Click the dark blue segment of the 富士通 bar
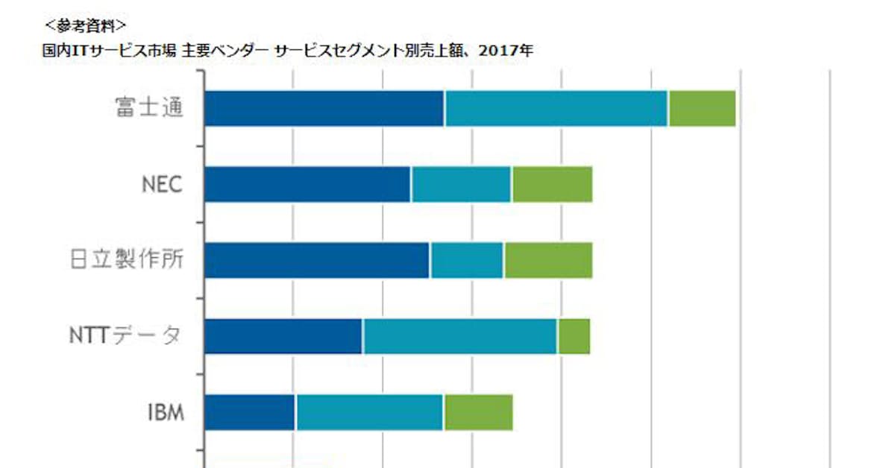(x=324, y=108)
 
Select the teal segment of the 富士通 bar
(x=556, y=108)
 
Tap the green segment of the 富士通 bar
(x=702, y=108)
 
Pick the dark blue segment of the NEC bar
(x=307, y=184)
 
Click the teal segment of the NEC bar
(x=461, y=184)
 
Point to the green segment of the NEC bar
(x=552, y=184)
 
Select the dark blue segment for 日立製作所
(x=316, y=260)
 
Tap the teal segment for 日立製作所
(x=467, y=260)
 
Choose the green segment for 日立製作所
(x=548, y=260)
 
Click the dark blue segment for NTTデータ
(x=283, y=336)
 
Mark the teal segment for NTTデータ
(x=459, y=336)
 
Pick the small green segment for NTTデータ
(x=574, y=336)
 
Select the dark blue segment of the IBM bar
(x=249, y=412)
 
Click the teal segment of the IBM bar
(x=369, y=412)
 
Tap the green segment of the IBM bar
(x=478, y=412)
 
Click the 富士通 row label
(x=148, y=109)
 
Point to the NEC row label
(x=162, y=185)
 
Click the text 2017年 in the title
(x=512, y=51)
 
